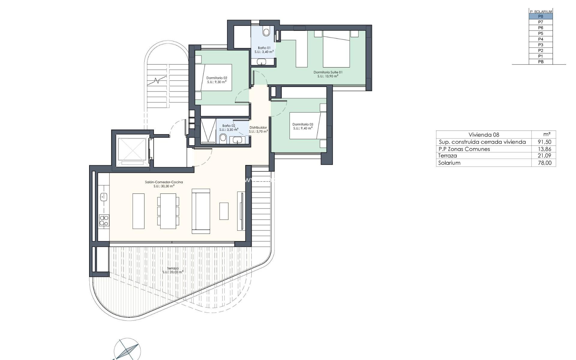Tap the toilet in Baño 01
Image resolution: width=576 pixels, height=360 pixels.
click(266, 31)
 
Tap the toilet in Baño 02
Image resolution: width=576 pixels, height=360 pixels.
click(223, 138)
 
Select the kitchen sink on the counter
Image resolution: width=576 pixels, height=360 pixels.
click(104, 197)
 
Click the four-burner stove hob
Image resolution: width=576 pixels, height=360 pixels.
click(104, 220)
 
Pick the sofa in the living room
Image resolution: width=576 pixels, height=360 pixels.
click(201, 211)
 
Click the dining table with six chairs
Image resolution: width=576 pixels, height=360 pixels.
click(168, 211)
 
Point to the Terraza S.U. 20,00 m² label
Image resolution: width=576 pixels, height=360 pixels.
click(173, 270)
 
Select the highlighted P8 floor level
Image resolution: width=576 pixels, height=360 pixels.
click(541, 16)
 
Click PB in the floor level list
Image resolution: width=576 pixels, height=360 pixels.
click(541, 62)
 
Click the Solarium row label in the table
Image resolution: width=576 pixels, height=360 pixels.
click(449, 163)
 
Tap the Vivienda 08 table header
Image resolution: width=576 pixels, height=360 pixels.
click(484, 135)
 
